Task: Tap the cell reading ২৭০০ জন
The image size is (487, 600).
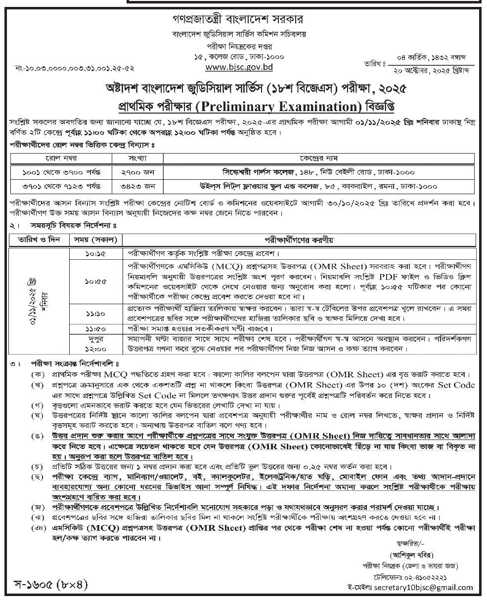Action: click(x=133, y=172)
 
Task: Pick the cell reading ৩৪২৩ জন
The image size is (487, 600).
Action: click(x=133, y=186)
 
